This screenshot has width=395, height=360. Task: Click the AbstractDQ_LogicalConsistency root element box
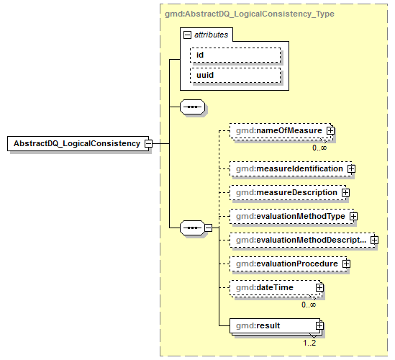coord(76,143)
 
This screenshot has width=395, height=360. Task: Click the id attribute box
coord(235,55)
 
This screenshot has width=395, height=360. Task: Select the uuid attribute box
coord(235,75)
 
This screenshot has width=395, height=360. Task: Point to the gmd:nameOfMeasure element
coord(278,130)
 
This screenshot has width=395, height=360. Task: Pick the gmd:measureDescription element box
coord(285,193)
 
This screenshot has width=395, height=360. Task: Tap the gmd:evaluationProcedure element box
coord(286,264)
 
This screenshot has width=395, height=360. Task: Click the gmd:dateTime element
coord(273,288)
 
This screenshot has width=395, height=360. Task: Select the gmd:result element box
coord(273,326)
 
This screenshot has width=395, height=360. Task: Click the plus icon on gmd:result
coord(320,326)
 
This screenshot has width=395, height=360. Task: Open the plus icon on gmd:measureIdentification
coord(351,168)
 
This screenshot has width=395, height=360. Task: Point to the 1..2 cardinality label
coord(310,343)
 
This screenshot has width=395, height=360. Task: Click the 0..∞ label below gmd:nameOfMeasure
coord(319,148)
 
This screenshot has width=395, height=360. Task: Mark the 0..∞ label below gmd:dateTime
coord(309,305)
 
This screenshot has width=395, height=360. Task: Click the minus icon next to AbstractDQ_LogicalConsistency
coord(148,143)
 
